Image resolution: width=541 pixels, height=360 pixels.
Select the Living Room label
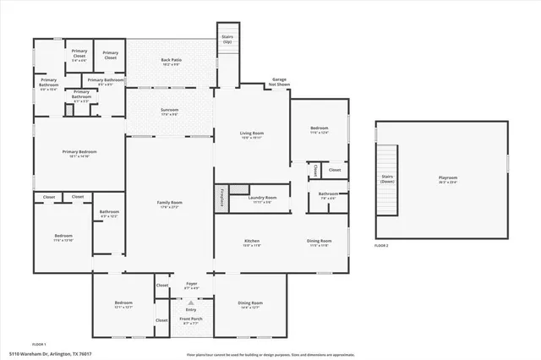point(252,135)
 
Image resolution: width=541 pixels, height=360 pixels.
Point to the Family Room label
point(170,205)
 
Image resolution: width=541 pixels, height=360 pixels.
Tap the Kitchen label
point(252,243)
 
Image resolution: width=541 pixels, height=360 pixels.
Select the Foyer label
point(190,287)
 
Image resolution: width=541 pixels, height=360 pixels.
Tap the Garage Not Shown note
point(279,83)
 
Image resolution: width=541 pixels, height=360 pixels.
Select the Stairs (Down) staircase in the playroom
point(387,180)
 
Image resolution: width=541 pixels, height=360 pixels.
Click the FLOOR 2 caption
point(382,245)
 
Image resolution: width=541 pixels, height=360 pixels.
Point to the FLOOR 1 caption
point(38,345)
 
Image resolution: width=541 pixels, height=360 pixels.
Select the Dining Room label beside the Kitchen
point(319,243)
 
